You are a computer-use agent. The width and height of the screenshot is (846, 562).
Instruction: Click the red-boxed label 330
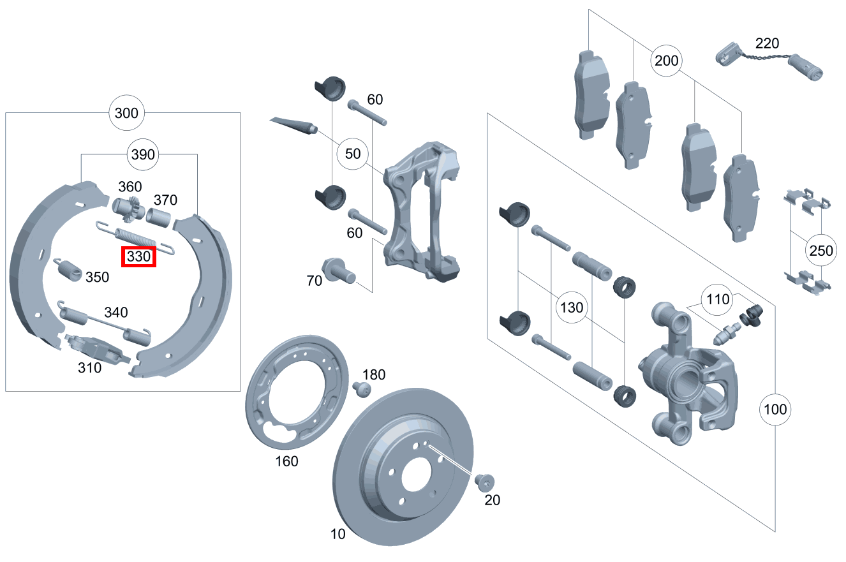(x=139, y=257)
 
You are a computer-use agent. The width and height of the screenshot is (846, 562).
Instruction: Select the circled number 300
(x=126, y=114)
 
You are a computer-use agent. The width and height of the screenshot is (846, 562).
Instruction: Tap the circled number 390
(x=142, y=154)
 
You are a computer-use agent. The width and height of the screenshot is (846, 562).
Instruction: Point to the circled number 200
(x=666, y=62)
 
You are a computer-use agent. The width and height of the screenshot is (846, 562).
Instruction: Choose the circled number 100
(x=775, y=409)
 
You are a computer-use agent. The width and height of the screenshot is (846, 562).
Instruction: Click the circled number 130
(x=571, y=307)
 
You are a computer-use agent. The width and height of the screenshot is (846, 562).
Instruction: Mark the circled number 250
(x=820, y=251)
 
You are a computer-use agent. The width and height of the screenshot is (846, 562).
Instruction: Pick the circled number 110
(x=718, y=299)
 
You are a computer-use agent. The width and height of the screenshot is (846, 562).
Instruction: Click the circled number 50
(x=352, y=154)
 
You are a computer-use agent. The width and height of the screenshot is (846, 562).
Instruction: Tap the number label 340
(x=116, y=313)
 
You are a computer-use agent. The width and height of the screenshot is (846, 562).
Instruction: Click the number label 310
(x=89, y=368)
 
